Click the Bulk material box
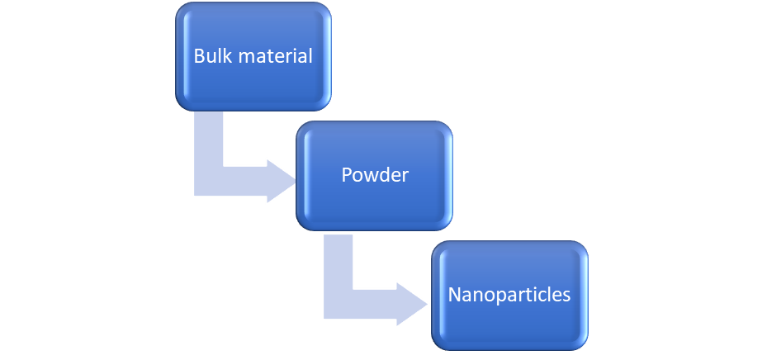click(x=253, y=55)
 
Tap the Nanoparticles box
click(x=509, y=294)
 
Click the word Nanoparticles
click(x=509, y=295)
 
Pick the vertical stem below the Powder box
click(x=339, y=260)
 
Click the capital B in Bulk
click(x=198, y=56)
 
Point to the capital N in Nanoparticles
click(x=455, y=295)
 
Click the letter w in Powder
click(x=370, y=176)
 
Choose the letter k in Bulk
click(x=224, y=56)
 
